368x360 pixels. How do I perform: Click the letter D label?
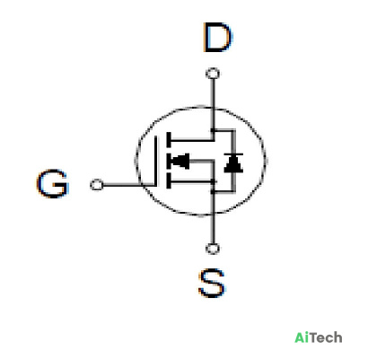click(x=217, y=38)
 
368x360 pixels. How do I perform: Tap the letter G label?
click(x=53, y=183)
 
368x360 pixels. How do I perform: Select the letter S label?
click(x=212, y=283)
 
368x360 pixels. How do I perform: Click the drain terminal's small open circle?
click(x=213, y=74)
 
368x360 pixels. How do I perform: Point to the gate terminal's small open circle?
click(x=97, y=185)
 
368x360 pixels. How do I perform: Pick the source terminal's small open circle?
click(x=213, y=249)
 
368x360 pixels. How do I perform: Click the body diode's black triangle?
click(x=233, y=163)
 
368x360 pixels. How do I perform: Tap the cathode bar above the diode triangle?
click(x=233, y=154)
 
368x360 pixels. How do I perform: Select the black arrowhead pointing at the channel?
click(x=180, y=161)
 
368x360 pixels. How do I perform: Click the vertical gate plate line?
click(x=155, y=161)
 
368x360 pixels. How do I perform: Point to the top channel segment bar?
click(x=169, y=140)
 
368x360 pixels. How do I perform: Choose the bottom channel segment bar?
click(x=169, y=180)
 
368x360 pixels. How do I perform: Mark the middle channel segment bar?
click(x=169, y=161)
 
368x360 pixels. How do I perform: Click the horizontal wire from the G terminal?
click(x=129, y=185)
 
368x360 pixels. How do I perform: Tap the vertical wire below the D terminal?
click(x=213, y=105)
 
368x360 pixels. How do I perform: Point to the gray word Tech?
click(x=325, y=338)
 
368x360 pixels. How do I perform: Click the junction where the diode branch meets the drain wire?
click(x=213, y=130)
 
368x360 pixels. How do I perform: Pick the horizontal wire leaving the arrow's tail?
click(x=202, y=162)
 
